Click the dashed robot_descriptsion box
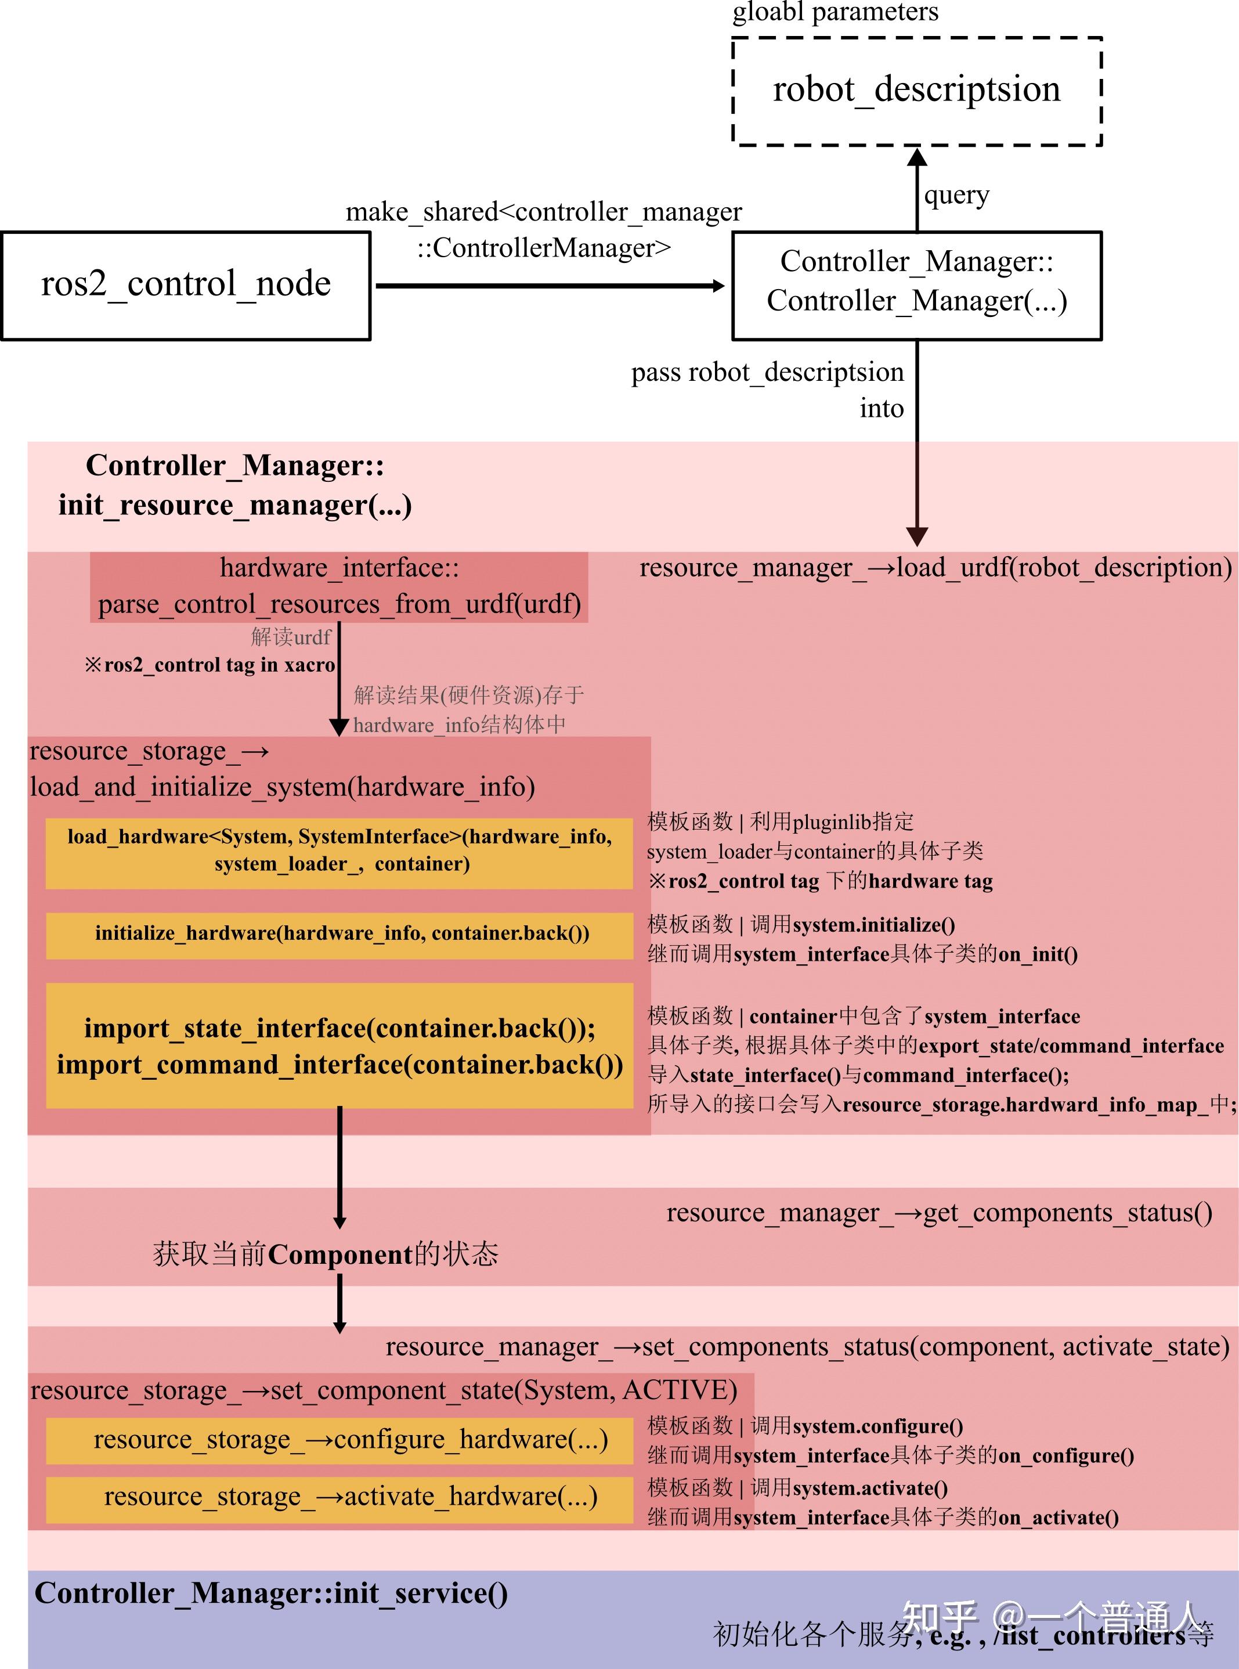tap(916, 90)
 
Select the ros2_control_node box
tap(186, 285)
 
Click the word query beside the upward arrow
tap(956, 195)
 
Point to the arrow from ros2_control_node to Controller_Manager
tap(550, 285)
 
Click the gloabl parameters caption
tap(835, 12)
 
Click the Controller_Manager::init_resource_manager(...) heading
tap(235, 485)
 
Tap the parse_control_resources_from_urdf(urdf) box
tap(339, 586)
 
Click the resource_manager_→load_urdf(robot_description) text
tap(935, 568)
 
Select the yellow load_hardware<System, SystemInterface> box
tap(339, 850)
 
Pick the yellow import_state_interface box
tap(339, 1045)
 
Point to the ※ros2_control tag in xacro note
tap(209, 665)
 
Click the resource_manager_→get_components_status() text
tap(939, 1213)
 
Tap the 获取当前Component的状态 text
tap(326, 1254)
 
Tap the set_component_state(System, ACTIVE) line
tap(383, 1390)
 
